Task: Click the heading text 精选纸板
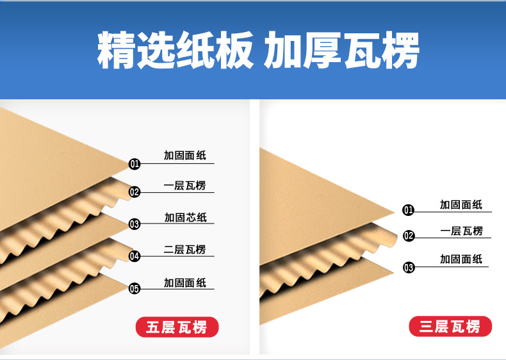(175, 50)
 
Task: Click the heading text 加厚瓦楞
(341, 50)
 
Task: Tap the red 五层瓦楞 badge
(177, 327)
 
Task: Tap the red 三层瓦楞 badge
(450, 327)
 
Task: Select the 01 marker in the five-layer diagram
(135, 164)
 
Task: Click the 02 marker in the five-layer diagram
(135, 192)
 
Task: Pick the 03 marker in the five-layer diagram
(135, 224)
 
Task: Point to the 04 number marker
(135, 256)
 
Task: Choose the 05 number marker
(135, 288)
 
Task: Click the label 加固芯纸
(186, 217)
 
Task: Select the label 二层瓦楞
(184, 250)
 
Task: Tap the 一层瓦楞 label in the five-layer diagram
(184, 186)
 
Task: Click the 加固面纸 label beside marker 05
(185, 283)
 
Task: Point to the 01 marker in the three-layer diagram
(408, 210)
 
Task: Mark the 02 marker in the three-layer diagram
(408, 236)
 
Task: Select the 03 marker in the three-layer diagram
(409, 267)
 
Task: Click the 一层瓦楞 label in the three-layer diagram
(461, 231)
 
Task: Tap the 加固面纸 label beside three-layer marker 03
(461, 259)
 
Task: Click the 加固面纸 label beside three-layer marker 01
(461, 205)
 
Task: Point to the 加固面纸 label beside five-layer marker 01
(185, 156)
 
